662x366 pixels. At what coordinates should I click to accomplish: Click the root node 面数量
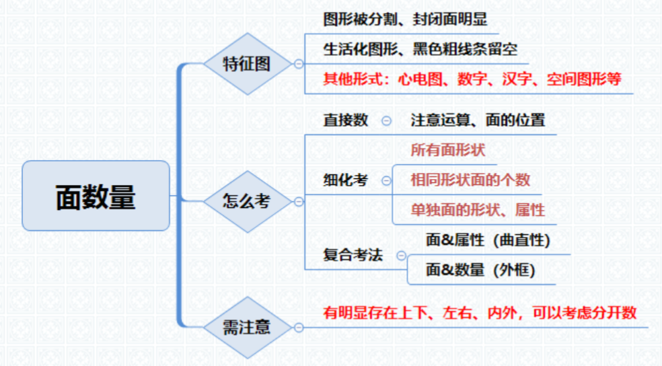[96, 196]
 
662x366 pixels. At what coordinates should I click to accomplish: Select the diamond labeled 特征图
[248, 64]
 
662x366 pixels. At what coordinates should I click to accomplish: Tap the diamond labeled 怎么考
[248, 201]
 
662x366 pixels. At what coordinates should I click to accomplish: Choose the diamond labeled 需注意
[248, 327]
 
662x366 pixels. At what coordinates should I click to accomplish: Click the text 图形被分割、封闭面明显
[405, 19]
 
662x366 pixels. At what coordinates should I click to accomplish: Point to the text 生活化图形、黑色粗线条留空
[420, 49]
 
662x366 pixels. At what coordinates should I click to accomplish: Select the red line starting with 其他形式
[472, 79]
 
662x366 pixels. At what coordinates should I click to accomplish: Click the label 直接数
[346, 120]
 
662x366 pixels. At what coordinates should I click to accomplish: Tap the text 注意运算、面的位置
[478, 120]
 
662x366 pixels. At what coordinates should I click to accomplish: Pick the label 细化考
[346, 180]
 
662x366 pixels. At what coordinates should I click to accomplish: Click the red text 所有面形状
[448, 150]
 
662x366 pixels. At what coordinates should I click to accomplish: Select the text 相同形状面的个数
[470, 180]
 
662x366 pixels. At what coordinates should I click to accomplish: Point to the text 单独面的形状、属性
[478, 210]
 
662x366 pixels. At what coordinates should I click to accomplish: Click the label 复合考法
[353, 255]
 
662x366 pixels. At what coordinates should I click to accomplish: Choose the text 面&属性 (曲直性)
[488, 240]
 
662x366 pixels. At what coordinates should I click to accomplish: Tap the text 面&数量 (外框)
[480, 270]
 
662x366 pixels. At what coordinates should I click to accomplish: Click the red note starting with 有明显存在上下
[480, 313]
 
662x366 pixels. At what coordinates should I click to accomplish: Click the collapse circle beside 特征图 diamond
[299, 64]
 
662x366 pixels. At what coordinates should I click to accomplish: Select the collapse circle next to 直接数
[386, 121]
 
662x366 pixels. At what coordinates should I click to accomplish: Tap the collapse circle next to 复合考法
[402, 256]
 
